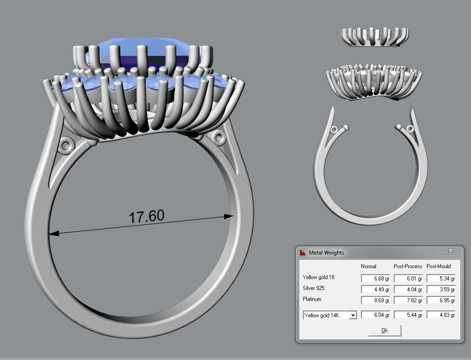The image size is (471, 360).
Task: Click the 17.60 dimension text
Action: pyautogui.click(x=146, y=216)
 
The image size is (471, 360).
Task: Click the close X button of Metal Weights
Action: pyautogui.click(x=451, y=251)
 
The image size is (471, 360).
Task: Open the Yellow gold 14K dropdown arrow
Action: pyautogui.click(x=353, y=315)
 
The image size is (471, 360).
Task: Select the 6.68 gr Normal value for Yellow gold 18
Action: pyautogui.click(x=376, y=278)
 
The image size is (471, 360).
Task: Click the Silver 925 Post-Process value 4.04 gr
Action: pyautogui.click(x=408, y=289)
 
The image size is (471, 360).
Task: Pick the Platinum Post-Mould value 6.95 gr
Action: pyautogui.click(x=441, y=300)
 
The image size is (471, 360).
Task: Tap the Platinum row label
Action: pyautogui.click(x=312, y=299)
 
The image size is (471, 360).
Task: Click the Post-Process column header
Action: pyautogui.click(x=408, y=266)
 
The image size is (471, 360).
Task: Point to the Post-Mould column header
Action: pyautogui.click(x=439, y=266)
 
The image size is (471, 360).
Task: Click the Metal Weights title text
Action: pyautogui.click(x=326, y=253)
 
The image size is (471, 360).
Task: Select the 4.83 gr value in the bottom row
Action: pyautogui.click(x=441, y=315)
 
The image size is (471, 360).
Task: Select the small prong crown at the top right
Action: pyautogui.click(x=375, y=37)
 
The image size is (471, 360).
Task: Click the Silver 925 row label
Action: pyautogui.click(x=314, y=288)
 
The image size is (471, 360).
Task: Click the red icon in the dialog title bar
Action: pyautogui.click(x=303, y=253)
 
